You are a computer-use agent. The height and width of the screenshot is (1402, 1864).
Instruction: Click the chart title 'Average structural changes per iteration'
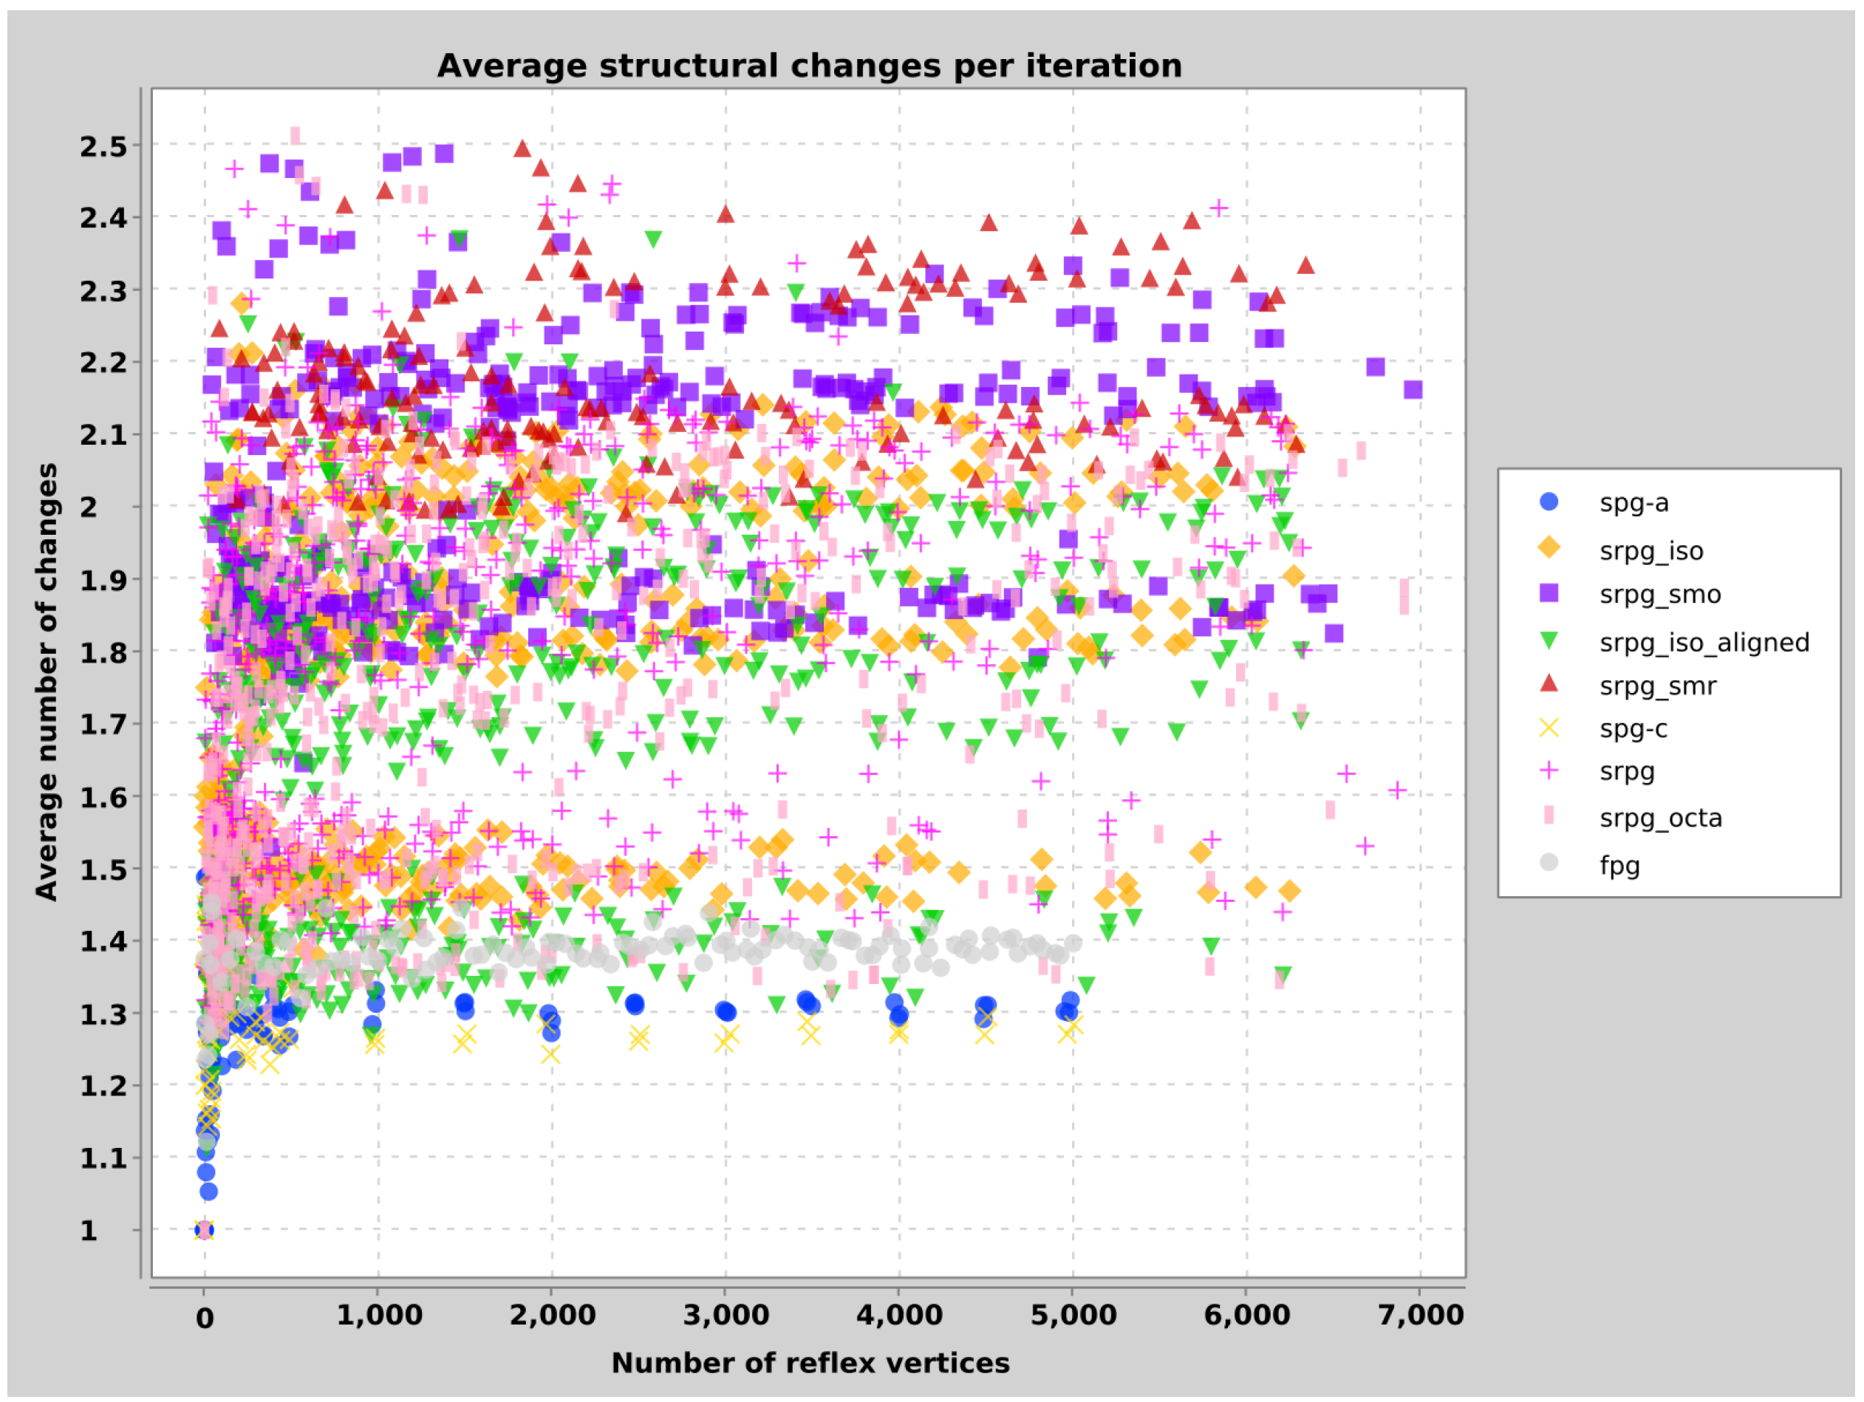click(809, 66)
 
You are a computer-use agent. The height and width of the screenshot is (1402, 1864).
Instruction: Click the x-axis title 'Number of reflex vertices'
click(810, 1362)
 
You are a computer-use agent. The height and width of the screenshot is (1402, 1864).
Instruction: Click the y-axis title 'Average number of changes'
click(47, 682)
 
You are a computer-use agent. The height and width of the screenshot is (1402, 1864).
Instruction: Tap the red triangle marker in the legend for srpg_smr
click(1549, 683)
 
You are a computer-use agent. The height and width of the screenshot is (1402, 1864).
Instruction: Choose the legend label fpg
click(1619, 865)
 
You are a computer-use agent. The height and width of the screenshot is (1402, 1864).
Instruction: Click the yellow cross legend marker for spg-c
click(1549, 728)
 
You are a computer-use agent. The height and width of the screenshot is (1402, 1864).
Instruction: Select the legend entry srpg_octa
click(1660, 818)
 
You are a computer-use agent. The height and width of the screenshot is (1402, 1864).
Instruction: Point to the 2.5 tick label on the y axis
click(103, 146)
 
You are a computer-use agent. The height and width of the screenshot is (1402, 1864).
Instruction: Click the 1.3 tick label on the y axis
click(103, 1014)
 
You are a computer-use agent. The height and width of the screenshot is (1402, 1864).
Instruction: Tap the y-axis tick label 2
click(89, 507)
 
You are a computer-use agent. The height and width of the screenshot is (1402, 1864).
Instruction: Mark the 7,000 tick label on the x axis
click(1420, 1316)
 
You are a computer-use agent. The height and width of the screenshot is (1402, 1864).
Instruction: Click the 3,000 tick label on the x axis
click(726, 1316)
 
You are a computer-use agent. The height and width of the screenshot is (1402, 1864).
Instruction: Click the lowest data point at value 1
click(204, 1230)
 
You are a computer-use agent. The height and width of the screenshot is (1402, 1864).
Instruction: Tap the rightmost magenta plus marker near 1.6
click(1397, 790)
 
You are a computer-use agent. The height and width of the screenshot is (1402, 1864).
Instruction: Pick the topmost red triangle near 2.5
click(522, 149)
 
